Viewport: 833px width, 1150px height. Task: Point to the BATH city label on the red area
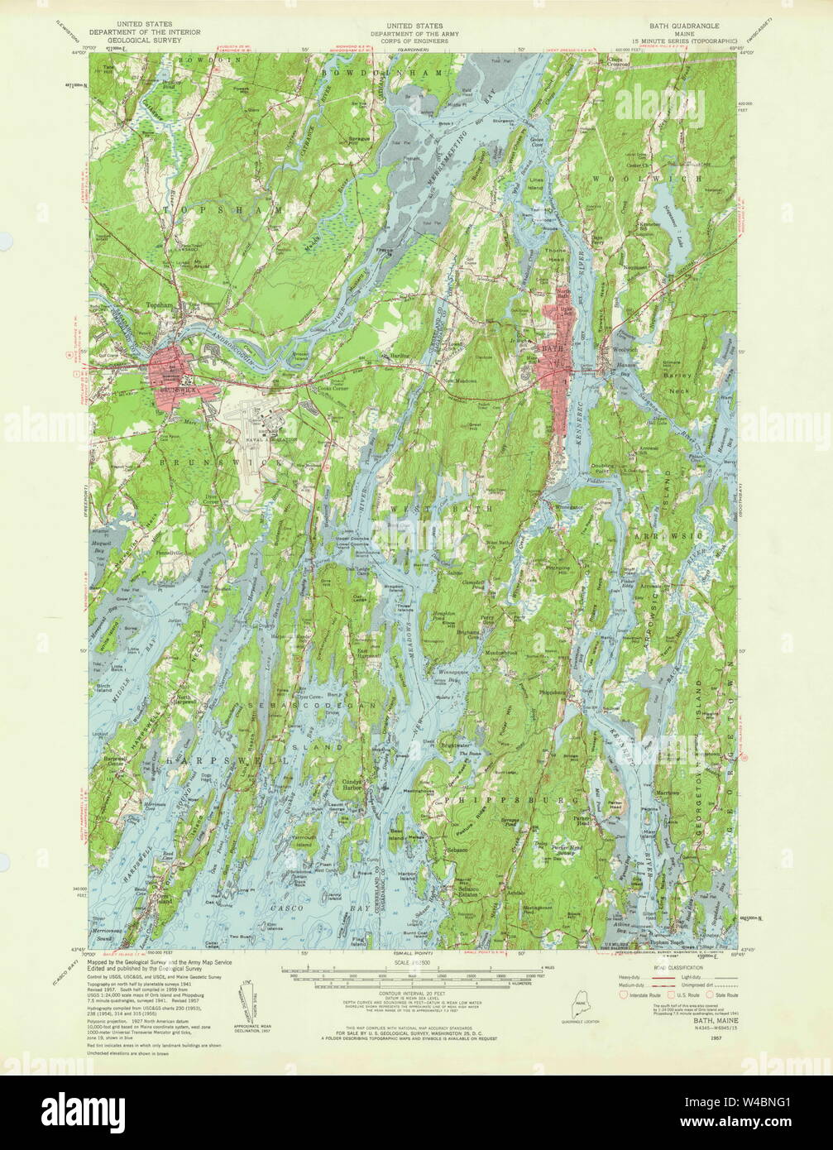click(x=550, y=349)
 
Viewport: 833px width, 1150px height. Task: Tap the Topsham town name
click(x=157, y=306)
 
